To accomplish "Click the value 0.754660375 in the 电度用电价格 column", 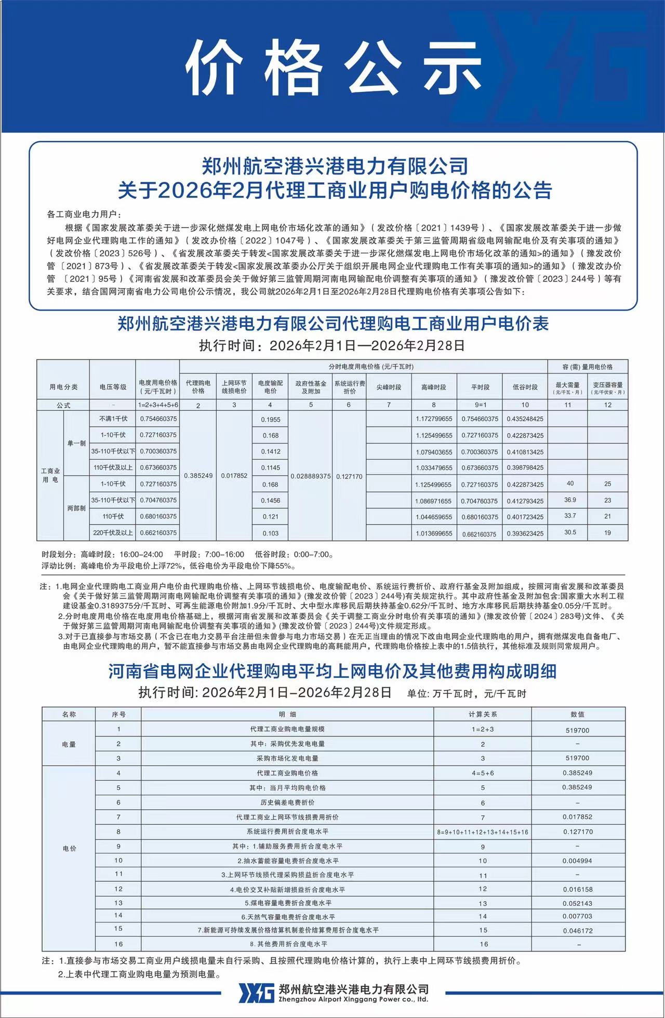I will [x=158, y=419].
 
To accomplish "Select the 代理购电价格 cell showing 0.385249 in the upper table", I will [x=198, y=476].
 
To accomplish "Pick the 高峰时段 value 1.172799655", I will [x=434, y=419].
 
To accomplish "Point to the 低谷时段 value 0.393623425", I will [x=525, y=533].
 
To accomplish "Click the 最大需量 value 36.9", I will [x=570, y=500].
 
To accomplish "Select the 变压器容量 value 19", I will [x=607, y=533].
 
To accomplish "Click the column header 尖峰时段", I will [x=389, y=387].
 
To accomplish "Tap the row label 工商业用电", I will [x=50, y=475].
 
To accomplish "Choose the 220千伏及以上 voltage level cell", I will [x=113, y=533].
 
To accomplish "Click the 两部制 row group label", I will [x=76, y=508].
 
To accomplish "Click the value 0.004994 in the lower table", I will [x=577, y=861].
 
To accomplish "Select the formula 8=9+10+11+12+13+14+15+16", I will [x=483, y=832].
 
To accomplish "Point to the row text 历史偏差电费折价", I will [x=287, y=802].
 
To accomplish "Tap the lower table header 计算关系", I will [x=483, y=714].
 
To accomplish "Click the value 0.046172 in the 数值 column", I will [x=577, y=931].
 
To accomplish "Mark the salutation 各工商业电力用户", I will [x=84, y=215].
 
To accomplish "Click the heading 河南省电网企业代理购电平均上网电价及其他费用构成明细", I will [x=332, y=671].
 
